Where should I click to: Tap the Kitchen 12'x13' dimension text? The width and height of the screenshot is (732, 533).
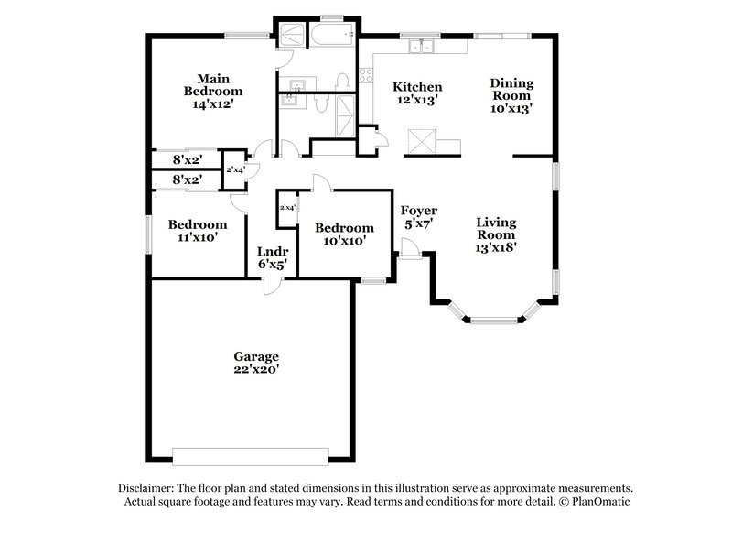tap(417, 101)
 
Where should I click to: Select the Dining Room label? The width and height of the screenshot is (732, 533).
tap(511, 89)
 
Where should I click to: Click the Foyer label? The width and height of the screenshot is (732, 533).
tap(419, 211)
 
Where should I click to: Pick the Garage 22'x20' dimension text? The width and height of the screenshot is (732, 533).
tap(256, 369)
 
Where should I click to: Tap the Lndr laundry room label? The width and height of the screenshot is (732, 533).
tap(272, 250)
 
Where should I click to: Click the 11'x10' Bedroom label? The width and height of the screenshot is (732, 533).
tap(197, 225)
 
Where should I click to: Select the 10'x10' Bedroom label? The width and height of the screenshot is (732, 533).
tap(343, 228)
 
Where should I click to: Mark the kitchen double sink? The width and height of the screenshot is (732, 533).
tap(422, 46)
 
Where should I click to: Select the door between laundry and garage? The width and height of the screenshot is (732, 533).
tap(272, 286)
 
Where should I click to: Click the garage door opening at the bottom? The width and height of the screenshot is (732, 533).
tap(250, 454)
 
